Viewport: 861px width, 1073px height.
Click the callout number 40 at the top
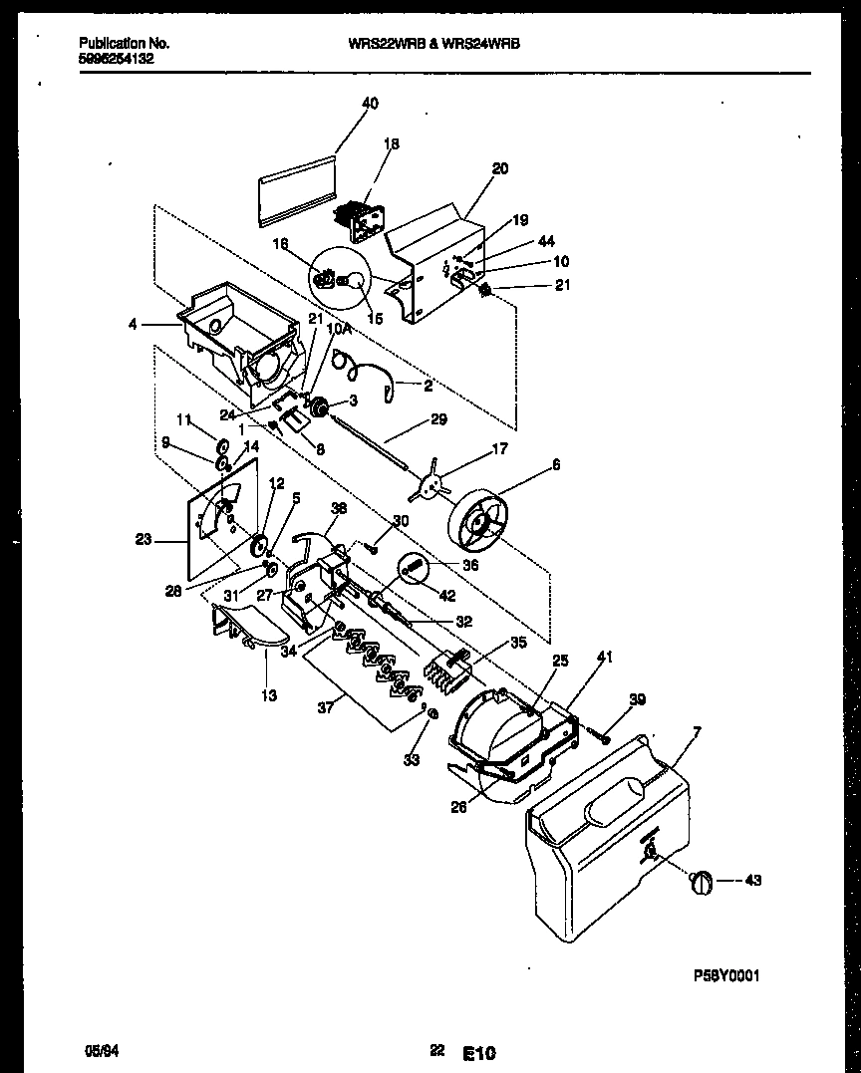[x=370, y=103]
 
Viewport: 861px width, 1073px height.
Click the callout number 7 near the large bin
[x=697, y=733]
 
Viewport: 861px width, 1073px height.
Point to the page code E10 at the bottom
[x=478, y=1052]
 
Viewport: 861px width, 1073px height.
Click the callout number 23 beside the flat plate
[x=143, y=542]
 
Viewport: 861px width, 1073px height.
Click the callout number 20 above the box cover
[x=499, y=168]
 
